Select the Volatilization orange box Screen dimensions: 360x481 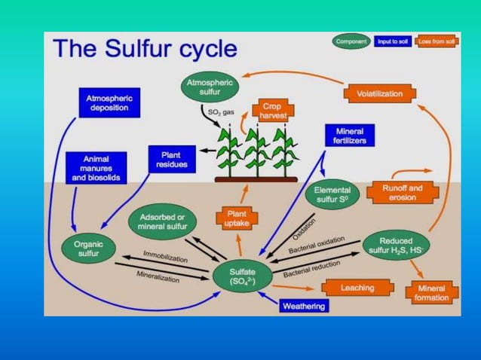tap(380, 94)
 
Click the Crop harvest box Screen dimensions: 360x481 tap(270, 111)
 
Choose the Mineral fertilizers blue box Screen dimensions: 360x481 tap(349, 136)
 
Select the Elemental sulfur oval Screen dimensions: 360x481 tap(332, 196)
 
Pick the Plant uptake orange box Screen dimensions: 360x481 tap(237, 218)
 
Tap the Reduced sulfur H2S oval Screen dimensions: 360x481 tap(396, 245)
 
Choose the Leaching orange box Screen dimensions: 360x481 tap(357, 288)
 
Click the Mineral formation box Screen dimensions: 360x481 tap(432, 292)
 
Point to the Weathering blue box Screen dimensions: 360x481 tap(304, 306)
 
